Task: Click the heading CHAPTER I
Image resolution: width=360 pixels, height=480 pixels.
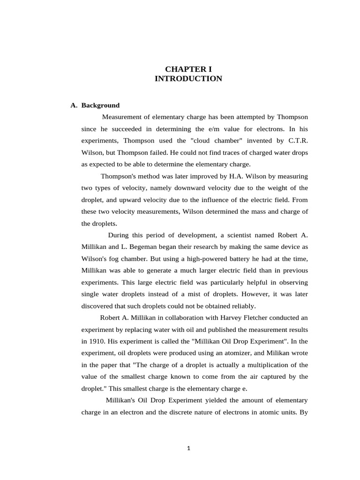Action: [x=188, y=69]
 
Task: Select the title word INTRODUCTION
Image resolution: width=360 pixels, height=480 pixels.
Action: [x=188, y=79]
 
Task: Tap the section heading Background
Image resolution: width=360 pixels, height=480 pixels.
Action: [x=100, y=105]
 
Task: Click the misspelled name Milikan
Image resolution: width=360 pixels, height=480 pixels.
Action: [x=274, y=353]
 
